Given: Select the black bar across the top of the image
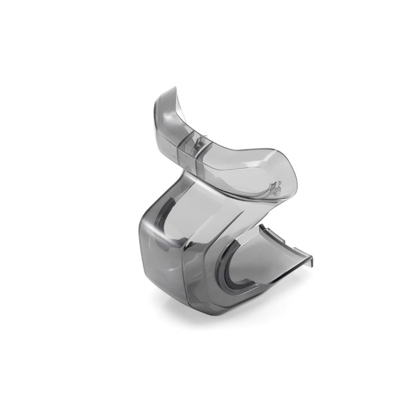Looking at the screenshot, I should (209, 20).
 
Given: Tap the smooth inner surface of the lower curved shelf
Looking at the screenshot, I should (262, 262).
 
